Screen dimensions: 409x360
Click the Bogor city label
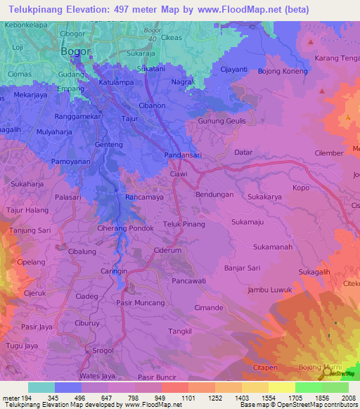coord(76,51)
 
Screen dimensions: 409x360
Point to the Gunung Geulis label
coord(222,122)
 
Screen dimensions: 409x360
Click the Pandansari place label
coord(184,155)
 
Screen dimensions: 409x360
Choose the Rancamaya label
coord(146,197)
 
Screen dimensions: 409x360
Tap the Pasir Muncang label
coord(140,301)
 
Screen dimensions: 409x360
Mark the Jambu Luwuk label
coord(269,290)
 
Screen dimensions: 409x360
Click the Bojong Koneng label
coord(283,72)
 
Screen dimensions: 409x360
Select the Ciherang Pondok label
coord(125,228)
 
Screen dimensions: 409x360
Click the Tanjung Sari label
coord(30,230)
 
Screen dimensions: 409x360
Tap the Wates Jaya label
coord(98,376)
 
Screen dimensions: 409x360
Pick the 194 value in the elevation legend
coord(25,398)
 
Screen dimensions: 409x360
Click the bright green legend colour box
coord(308,387)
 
